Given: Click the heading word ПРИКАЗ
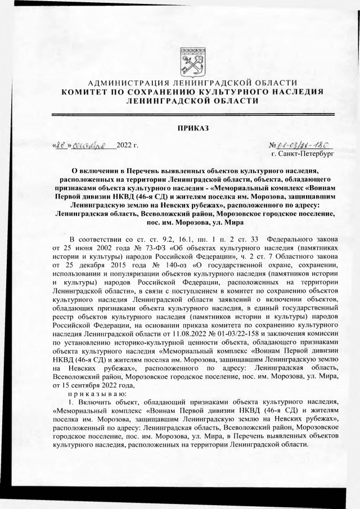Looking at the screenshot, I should click(193, 129).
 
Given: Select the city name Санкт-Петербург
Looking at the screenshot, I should click(306, 152).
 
